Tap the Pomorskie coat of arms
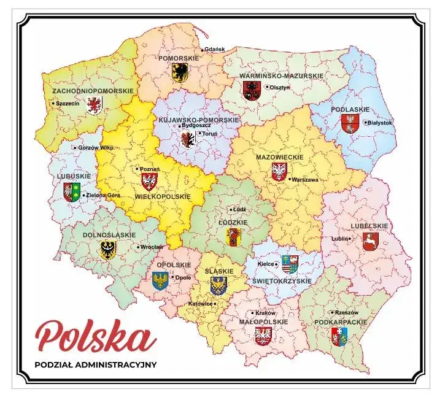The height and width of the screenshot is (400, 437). [180, 72]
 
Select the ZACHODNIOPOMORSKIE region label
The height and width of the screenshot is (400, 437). [93, 91]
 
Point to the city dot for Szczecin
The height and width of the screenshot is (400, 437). [53, 104]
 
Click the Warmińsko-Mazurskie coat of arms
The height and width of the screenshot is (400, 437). [251, 91]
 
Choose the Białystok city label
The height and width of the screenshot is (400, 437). [380, 122]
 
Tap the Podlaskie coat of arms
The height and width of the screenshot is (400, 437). [350, 123]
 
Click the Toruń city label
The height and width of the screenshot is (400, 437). [210, 133]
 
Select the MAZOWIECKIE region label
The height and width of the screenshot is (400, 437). [280, 157]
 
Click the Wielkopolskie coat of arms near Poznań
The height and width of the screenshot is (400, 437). [149, 180]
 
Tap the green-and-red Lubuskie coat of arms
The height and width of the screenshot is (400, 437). [72, 192]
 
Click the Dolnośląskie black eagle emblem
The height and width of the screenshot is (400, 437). [108, 248]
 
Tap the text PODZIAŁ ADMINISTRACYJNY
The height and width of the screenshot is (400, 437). [96, 364]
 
